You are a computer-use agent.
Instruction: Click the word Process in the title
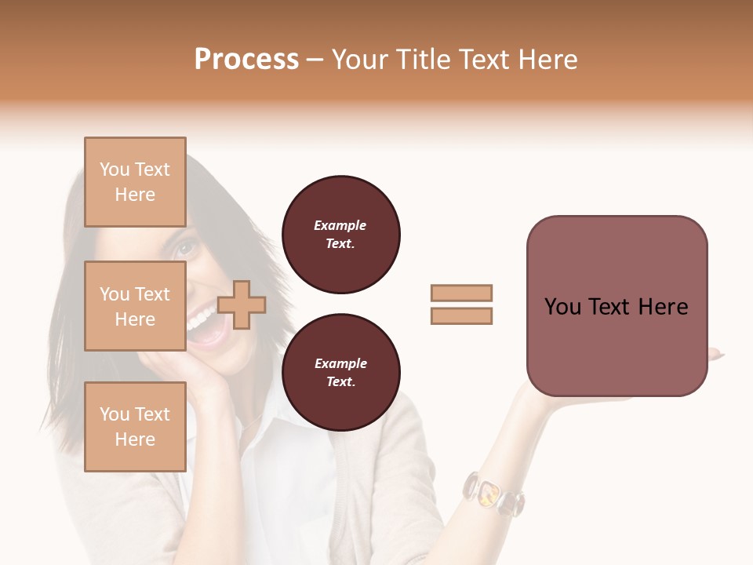coord(246,60)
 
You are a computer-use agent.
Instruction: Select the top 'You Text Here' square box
coord(135,182)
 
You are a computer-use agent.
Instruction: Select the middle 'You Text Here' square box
coord(135,306)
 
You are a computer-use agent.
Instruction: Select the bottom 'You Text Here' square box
coord(135,426)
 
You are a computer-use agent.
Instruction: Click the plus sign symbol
coord(242,304)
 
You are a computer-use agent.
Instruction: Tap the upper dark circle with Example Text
coord(340,235)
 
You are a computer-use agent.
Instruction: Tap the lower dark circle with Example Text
coord(340,373)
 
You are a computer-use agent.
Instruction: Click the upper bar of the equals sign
coord(461,293)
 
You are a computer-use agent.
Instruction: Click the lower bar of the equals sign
coord(461,315)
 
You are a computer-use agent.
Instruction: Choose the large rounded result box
coord(617,306)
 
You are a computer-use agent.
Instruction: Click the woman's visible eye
coord(185,249)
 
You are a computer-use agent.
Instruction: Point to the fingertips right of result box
coord(715,355)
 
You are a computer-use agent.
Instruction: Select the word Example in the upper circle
coord(340,226)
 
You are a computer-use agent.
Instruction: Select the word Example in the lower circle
coord(340,364)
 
